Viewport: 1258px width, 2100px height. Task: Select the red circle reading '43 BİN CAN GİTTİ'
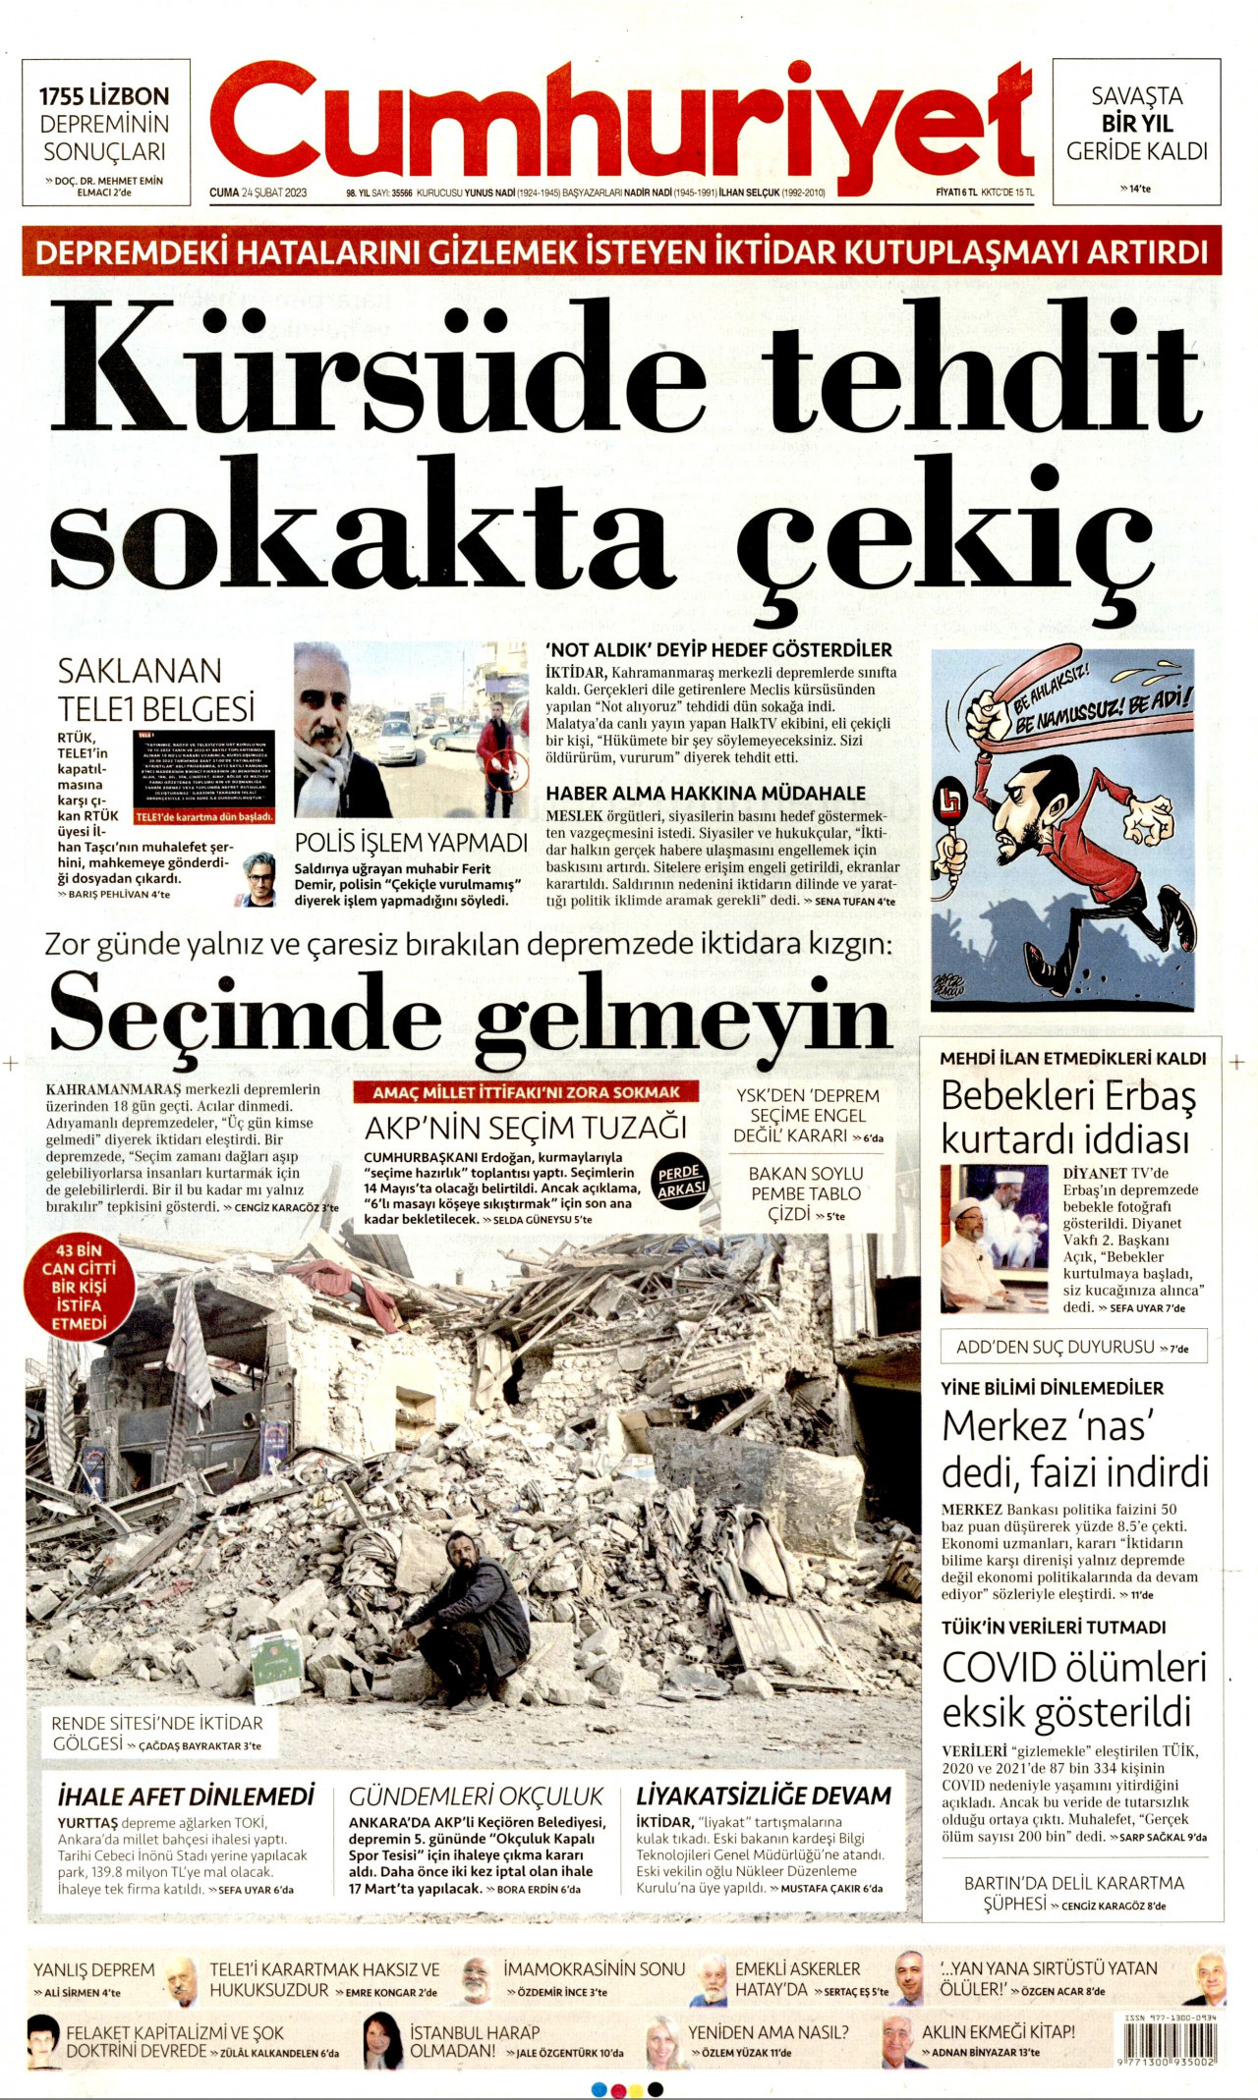[x=79, y=1287]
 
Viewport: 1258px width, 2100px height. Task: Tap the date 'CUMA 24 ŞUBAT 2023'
[x=258, y=193]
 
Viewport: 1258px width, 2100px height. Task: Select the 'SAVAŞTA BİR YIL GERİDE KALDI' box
[x=1136, y=131]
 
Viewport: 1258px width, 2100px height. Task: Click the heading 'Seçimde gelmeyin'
[x=470, y=1012]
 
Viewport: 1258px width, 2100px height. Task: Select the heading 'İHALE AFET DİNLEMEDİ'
[x=186, y=1796]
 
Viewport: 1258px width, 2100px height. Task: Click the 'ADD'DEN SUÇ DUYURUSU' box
[x=1072, y=1347]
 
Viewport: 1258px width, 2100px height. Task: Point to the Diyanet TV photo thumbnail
[x=994, y=1238]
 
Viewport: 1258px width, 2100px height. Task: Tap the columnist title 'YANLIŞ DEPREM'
[x=94, y=1969]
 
